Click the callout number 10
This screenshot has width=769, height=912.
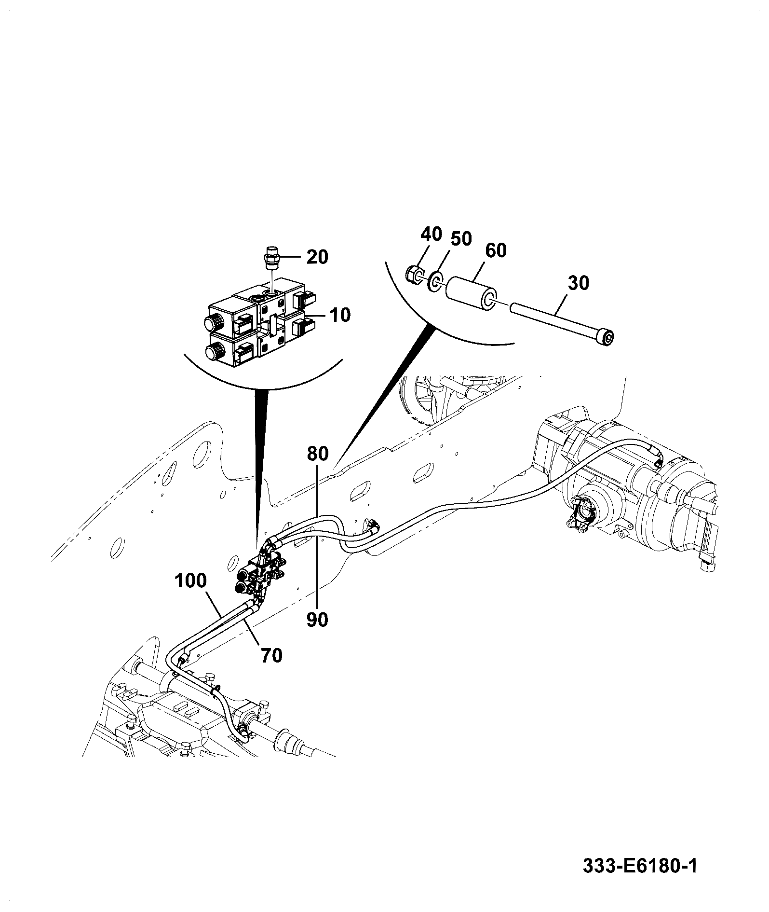click(x=340, y=315)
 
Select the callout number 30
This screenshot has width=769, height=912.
click(x=578, y=283)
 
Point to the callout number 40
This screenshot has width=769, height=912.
click(x=431, y=234)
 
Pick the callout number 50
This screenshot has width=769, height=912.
click(x=461, y=239)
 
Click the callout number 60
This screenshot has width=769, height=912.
click(x=496, y=250)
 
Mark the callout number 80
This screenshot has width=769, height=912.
click(x=318, y=454)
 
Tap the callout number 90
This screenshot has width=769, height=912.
click(x=317, y=620)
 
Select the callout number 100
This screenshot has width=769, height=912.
click(x=190, y=580)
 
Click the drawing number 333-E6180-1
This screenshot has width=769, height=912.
click(x=640, y=867)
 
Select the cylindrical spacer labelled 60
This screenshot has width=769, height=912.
click(x=472, y=292)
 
